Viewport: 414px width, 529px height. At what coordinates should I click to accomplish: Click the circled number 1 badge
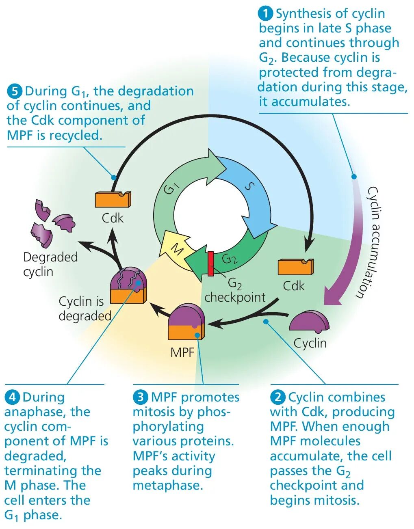[265, 13]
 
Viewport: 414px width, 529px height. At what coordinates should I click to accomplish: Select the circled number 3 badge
[140, 397]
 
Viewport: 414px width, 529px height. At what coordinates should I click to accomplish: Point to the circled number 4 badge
[12, 397]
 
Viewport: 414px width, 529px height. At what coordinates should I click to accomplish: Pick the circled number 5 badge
[14, 91]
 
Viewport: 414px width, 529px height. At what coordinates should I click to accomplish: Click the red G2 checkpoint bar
[211, 263]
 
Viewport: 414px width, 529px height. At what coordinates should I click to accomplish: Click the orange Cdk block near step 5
[113, 199]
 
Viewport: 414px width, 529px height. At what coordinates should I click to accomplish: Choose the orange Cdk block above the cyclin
[295, 267]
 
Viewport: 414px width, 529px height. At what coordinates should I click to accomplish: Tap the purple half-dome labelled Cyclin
[309, 321]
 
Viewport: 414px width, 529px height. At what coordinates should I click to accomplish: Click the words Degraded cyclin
[50, 264]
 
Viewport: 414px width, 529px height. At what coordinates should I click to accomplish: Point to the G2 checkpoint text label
[235, 291]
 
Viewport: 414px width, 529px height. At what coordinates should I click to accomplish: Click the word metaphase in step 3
[167, 485]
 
